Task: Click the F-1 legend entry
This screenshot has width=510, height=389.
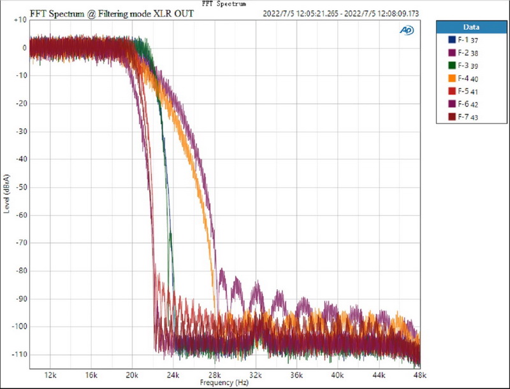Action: click(460, 41)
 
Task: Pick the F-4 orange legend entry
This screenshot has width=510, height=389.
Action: click(460, 79)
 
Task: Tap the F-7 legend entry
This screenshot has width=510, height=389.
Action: click(460, 117)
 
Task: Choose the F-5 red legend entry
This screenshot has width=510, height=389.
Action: click(460, 92)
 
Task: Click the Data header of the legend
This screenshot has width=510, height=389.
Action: click(472, 27)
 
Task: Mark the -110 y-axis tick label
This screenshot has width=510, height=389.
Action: click(18, 355)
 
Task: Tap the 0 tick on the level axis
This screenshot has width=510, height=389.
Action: click(23, 48)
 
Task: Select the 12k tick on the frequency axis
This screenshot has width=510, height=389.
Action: click(51, 376)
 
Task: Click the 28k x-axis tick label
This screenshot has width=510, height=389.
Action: click(214, 376)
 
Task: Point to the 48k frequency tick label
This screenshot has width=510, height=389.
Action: click(419, 376)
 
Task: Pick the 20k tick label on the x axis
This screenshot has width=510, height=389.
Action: click(133, 376)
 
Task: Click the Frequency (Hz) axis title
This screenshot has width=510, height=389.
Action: click(224, 383)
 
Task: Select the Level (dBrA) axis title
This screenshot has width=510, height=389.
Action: click(7, 193)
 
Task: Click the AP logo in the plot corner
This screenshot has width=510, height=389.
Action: click(406, 30)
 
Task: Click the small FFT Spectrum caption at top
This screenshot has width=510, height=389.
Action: click(224, 3)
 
